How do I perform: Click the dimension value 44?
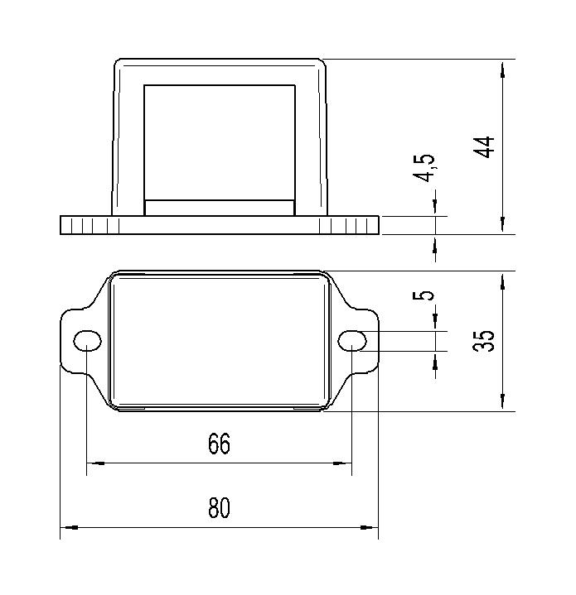click(484, 146)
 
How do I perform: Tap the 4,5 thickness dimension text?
click(424, 168)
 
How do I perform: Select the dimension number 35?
click(484, 340)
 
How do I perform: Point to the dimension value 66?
click(220, 444)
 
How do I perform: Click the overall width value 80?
click(220, 508)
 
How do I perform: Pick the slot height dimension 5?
click(424, 295)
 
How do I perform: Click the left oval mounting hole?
click(87, 340)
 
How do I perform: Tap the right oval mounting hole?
click(352, 340)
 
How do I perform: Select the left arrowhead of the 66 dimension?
click(96, 463)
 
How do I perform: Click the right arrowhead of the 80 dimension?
click(370, 527)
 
